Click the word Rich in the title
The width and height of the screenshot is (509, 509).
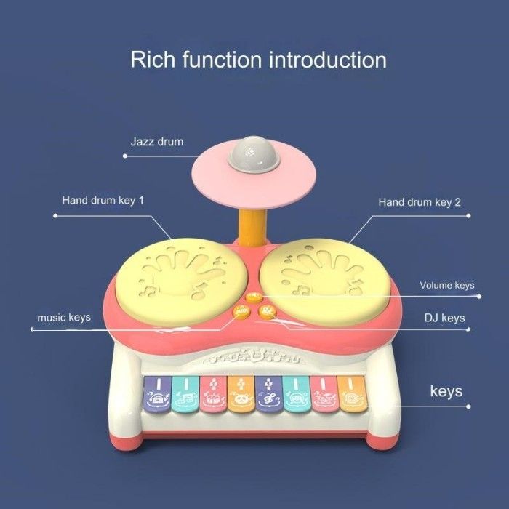tap(150, 59)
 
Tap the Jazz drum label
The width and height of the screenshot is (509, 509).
tap(156, 141)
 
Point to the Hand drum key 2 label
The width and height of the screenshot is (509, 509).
tap(420, 201)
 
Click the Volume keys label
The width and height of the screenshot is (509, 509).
tap(446, 285)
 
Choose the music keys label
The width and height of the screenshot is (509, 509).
tap(64, 318)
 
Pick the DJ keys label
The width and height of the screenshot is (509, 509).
tap(444, 318)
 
